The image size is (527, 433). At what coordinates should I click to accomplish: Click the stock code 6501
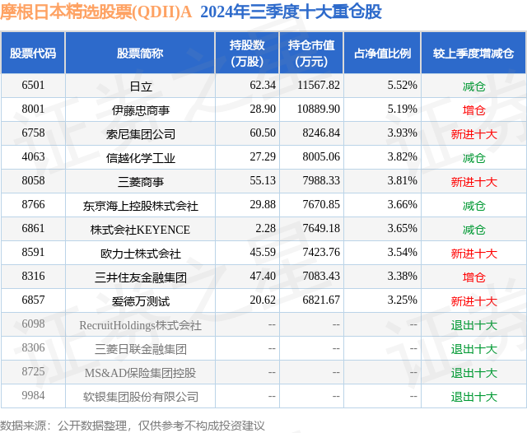pyautogui.click(x=34, y=85)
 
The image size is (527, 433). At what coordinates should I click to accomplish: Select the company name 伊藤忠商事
pyautogui.click(x=140, y=109)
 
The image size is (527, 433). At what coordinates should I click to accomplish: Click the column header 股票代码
pyautogui.click(x=34, y=53)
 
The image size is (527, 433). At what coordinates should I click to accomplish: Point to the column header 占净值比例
pyautogui.click(x=381, y=53)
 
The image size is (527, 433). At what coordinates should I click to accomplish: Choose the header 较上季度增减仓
pyautogui.click(x=473, y=53)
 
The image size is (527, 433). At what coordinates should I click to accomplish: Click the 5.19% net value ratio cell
pyautogui.click(x=402, y=109)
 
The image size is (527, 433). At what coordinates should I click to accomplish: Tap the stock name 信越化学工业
pyautogui.click(x=140, y=157)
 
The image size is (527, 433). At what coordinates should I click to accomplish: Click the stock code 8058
pyautogui.click(x=34, y=181)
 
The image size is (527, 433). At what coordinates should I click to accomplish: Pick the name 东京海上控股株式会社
pyautogui.click(x=140, y=206)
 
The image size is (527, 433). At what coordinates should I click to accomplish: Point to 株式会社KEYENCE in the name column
pyautogui.click(x=140, y=230)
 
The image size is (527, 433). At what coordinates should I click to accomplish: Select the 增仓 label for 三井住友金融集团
pyautogui.click(x=473, y=277)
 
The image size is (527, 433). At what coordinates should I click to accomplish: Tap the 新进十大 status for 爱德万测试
pyautogui.click(x=473, y=301)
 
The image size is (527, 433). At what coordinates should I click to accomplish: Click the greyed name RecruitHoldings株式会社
pyautogui.click(x=140, y=325)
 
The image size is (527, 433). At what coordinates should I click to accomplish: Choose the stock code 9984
pyautogui.click(x=34, y=397)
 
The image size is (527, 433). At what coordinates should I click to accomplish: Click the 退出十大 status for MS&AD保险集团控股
pyautogui.click(x=473, y=373)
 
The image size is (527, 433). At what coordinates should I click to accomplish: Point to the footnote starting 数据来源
pyautogui.click(x=133, y=425)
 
